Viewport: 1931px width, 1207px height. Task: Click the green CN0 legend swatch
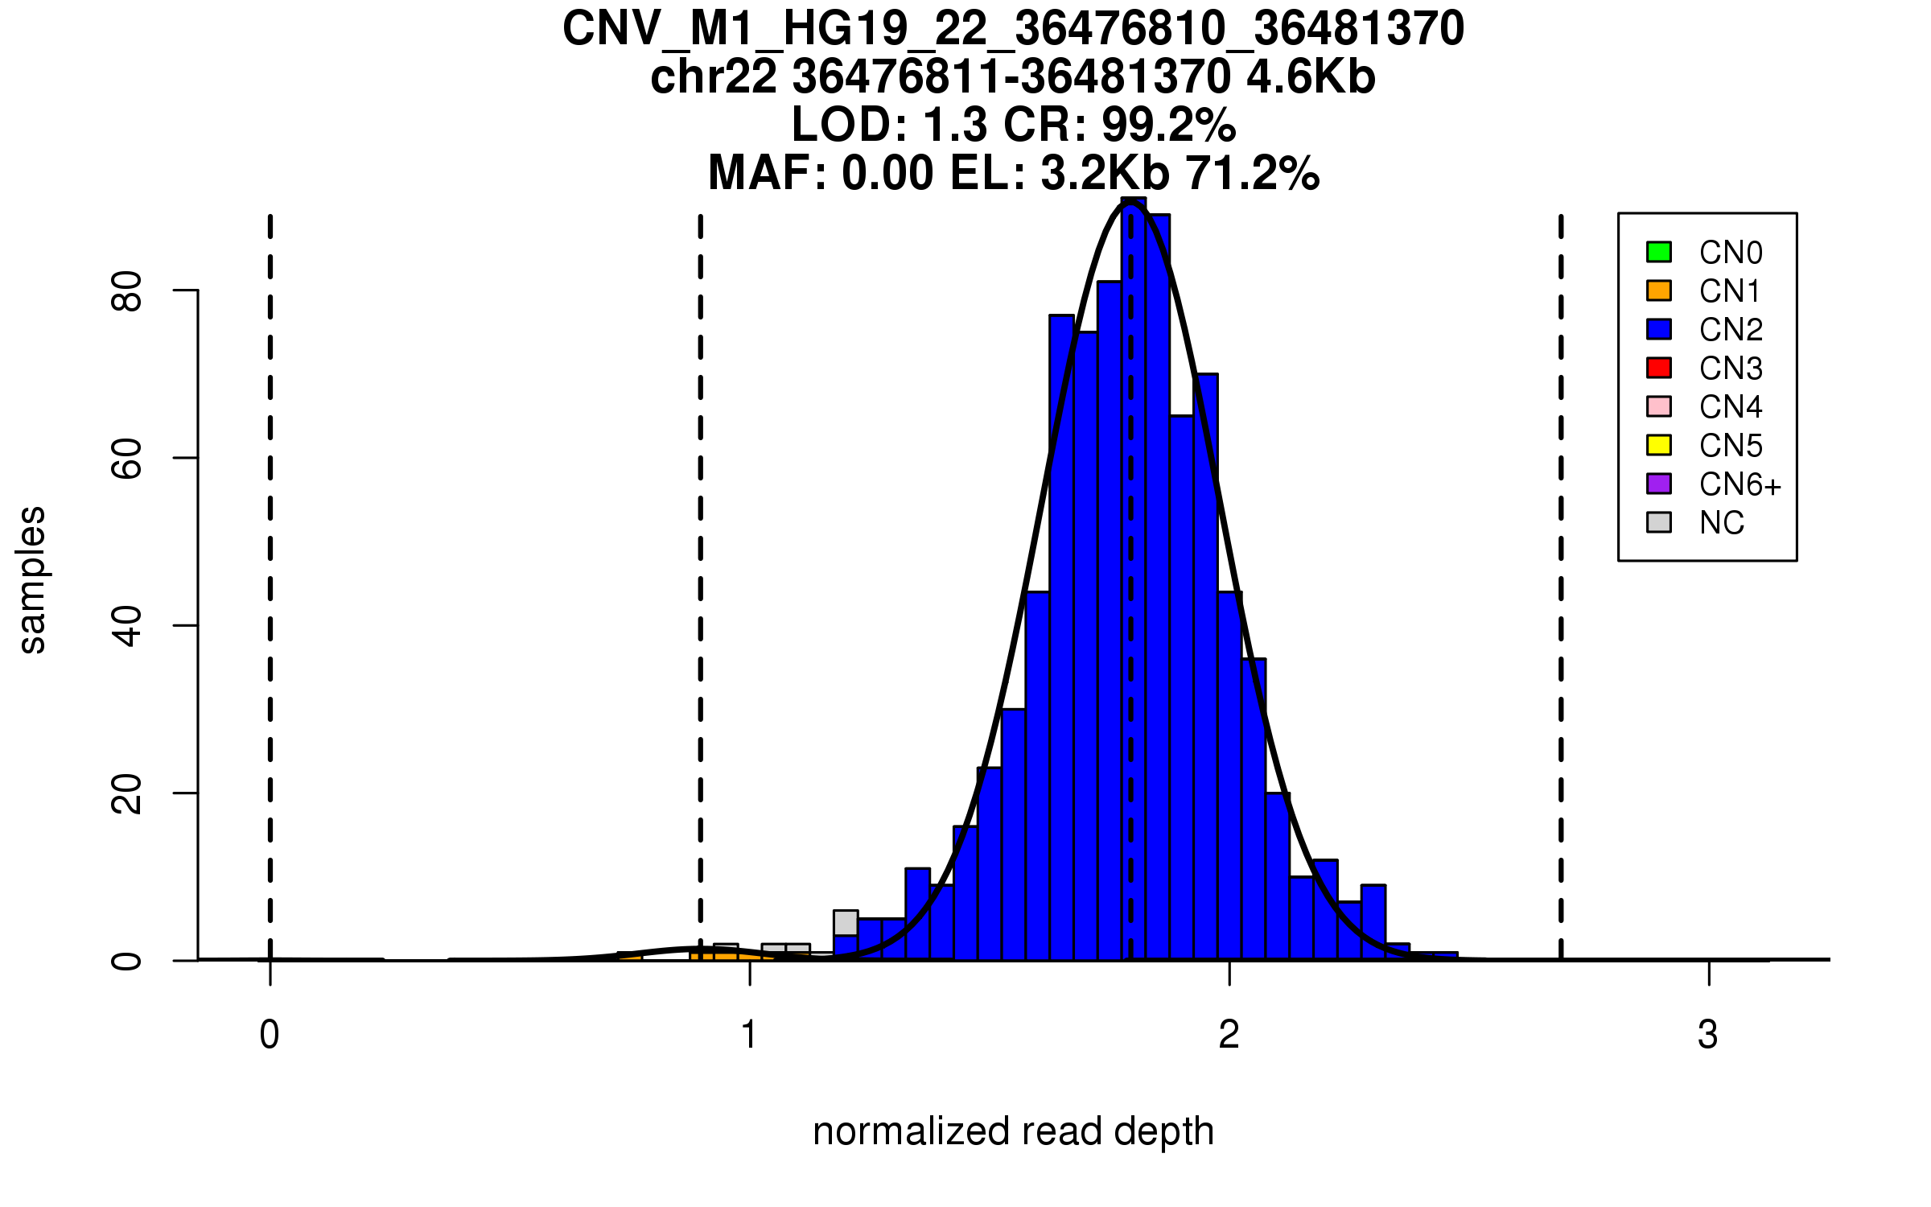click(x=1659, y=252)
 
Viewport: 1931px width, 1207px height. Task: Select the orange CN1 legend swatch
click(x=1659, y=290)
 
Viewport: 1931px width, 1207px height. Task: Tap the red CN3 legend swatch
click(x=1659, y=368)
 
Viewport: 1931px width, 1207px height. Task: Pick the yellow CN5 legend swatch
click(x=1659, y=445)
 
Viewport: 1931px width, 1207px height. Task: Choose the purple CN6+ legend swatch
click(x=1659, y=484)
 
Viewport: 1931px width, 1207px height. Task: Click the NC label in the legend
click(x=1722, y=523)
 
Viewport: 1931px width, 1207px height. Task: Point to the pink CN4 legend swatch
click(x=1659, y=406)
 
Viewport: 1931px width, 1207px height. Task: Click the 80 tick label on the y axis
click(x=127, y=290)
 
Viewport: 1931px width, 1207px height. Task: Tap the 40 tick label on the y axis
click(x=127, y=626)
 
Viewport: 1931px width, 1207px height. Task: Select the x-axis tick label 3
click(x=1708, y=1035)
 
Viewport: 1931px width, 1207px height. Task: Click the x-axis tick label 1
click(x=750, y=1035)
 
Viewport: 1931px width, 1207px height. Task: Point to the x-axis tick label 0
click(x=270, y=1035)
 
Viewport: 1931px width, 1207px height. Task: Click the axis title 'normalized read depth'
click(x=1013, y=1131)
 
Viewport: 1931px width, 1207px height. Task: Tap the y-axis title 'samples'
click(x=32, y=580)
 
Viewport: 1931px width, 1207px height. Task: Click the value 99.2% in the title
click(x=1168, y=125)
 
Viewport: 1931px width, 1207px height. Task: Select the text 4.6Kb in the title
click(x=1311, y=77)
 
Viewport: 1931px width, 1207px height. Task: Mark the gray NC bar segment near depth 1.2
click(x=846, y=923)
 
